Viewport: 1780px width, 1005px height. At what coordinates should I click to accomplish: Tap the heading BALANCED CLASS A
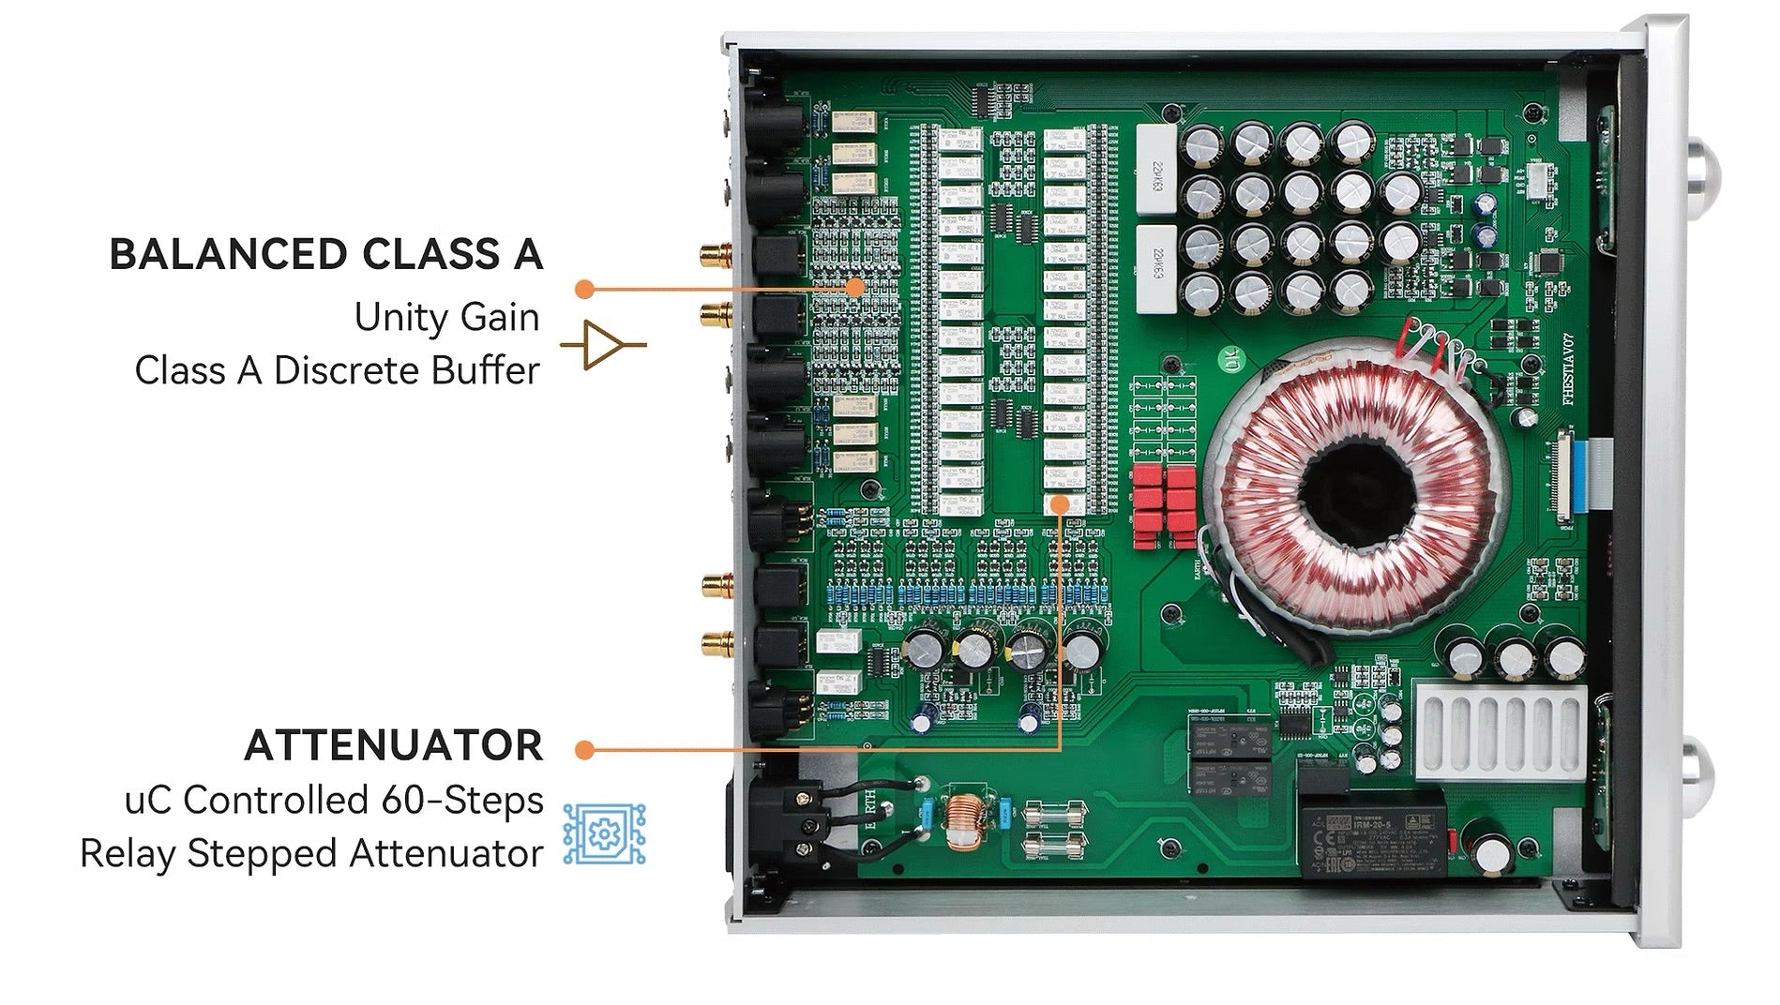(325, 255)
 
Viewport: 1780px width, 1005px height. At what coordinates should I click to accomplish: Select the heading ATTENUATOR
(393, 745)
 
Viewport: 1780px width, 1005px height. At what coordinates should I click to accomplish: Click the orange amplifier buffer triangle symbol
(603, 345)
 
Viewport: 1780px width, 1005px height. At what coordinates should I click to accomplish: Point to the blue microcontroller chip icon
(604, 833)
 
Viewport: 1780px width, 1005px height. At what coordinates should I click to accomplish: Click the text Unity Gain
(446, 317)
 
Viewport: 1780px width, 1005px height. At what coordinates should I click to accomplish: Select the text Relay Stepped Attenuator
(311, 853)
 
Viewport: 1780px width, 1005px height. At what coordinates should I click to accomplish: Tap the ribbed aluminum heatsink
(1500, 731)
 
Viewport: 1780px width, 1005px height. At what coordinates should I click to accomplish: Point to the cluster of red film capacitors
(1164, 506)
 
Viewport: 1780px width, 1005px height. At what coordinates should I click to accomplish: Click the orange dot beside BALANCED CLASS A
(584, 289)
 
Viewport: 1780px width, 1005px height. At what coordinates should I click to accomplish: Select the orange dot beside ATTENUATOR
(584, 749)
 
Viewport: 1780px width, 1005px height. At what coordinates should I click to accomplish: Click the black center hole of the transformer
(1356, 492)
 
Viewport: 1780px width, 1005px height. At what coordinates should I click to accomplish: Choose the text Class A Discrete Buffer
(337, 370)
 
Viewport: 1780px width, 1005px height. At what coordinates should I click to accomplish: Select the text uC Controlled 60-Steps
(334, 800)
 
